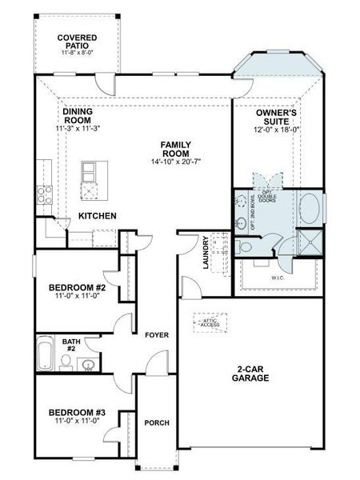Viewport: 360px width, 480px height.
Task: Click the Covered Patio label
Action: tap(77, 42)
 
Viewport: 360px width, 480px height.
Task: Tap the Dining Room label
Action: tap(77, 117)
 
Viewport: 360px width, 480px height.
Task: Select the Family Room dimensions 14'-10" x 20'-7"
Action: tap(175, 162)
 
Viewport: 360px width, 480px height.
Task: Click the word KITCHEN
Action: tap(98, 216)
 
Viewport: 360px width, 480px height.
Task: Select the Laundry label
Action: tap(206, 252)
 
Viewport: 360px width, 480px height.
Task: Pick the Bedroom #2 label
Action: tap(72, 287)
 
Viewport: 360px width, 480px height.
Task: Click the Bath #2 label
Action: tap(70, 345)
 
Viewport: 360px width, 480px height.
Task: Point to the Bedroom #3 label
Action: tap(77, 414)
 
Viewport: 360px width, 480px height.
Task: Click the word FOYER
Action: tap(156, 334)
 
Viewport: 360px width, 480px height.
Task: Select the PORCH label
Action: tap(155, 422)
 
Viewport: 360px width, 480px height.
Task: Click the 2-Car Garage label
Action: tap(250, 374)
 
